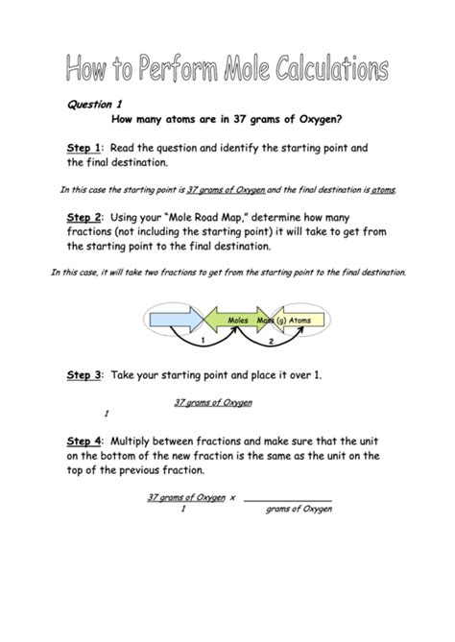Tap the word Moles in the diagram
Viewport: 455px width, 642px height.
coord(239,320)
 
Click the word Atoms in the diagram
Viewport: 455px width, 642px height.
coord(305,320)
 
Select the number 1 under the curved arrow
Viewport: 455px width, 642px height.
coord(204,341)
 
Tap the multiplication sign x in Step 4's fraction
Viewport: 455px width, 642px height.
coord(232,497)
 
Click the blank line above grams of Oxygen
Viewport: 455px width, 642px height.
coord(287,499)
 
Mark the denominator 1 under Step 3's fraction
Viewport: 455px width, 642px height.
coord(107,413)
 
